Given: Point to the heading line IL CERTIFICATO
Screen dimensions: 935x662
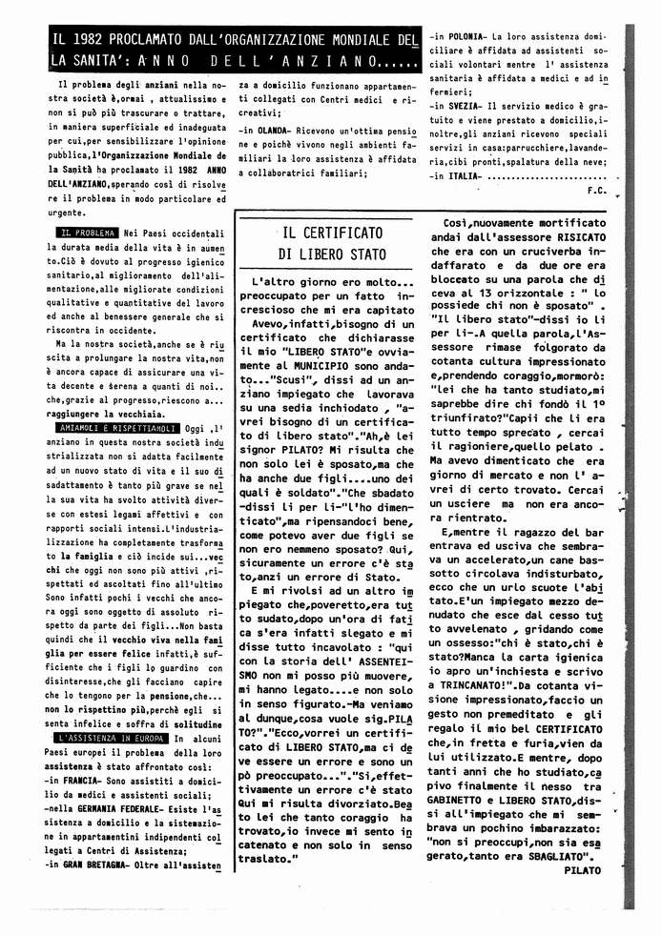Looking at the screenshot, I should (x=333, y=233).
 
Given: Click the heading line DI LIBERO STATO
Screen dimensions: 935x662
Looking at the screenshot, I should (x=333, y=254).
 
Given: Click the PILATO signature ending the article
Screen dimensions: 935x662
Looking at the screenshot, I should (x=583, y=870).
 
